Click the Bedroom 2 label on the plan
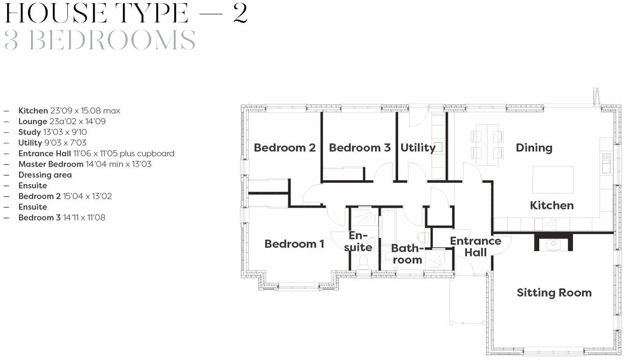click(284, 148)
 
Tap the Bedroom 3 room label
click(359, 148)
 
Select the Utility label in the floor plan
click(417, 148)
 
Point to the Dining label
click(534, 148)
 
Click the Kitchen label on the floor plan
click(551, 205)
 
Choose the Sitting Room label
click(554, 292)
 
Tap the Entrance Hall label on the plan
click(476, 247)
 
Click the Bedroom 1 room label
click(294, 244)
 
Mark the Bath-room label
click(407, 254)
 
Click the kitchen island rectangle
click(553, 179)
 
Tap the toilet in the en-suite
click(363, 262)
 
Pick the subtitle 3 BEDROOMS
click(100, 40)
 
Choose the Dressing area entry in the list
click(45, 175)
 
